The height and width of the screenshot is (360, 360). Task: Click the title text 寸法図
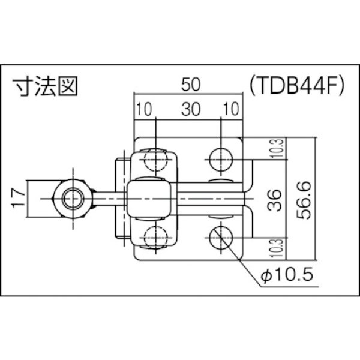click(46, 87)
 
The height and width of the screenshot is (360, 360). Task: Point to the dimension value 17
click(19, 196)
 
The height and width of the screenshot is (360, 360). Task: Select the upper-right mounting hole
click(221, 159)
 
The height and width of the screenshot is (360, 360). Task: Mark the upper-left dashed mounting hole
click(155, 159)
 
